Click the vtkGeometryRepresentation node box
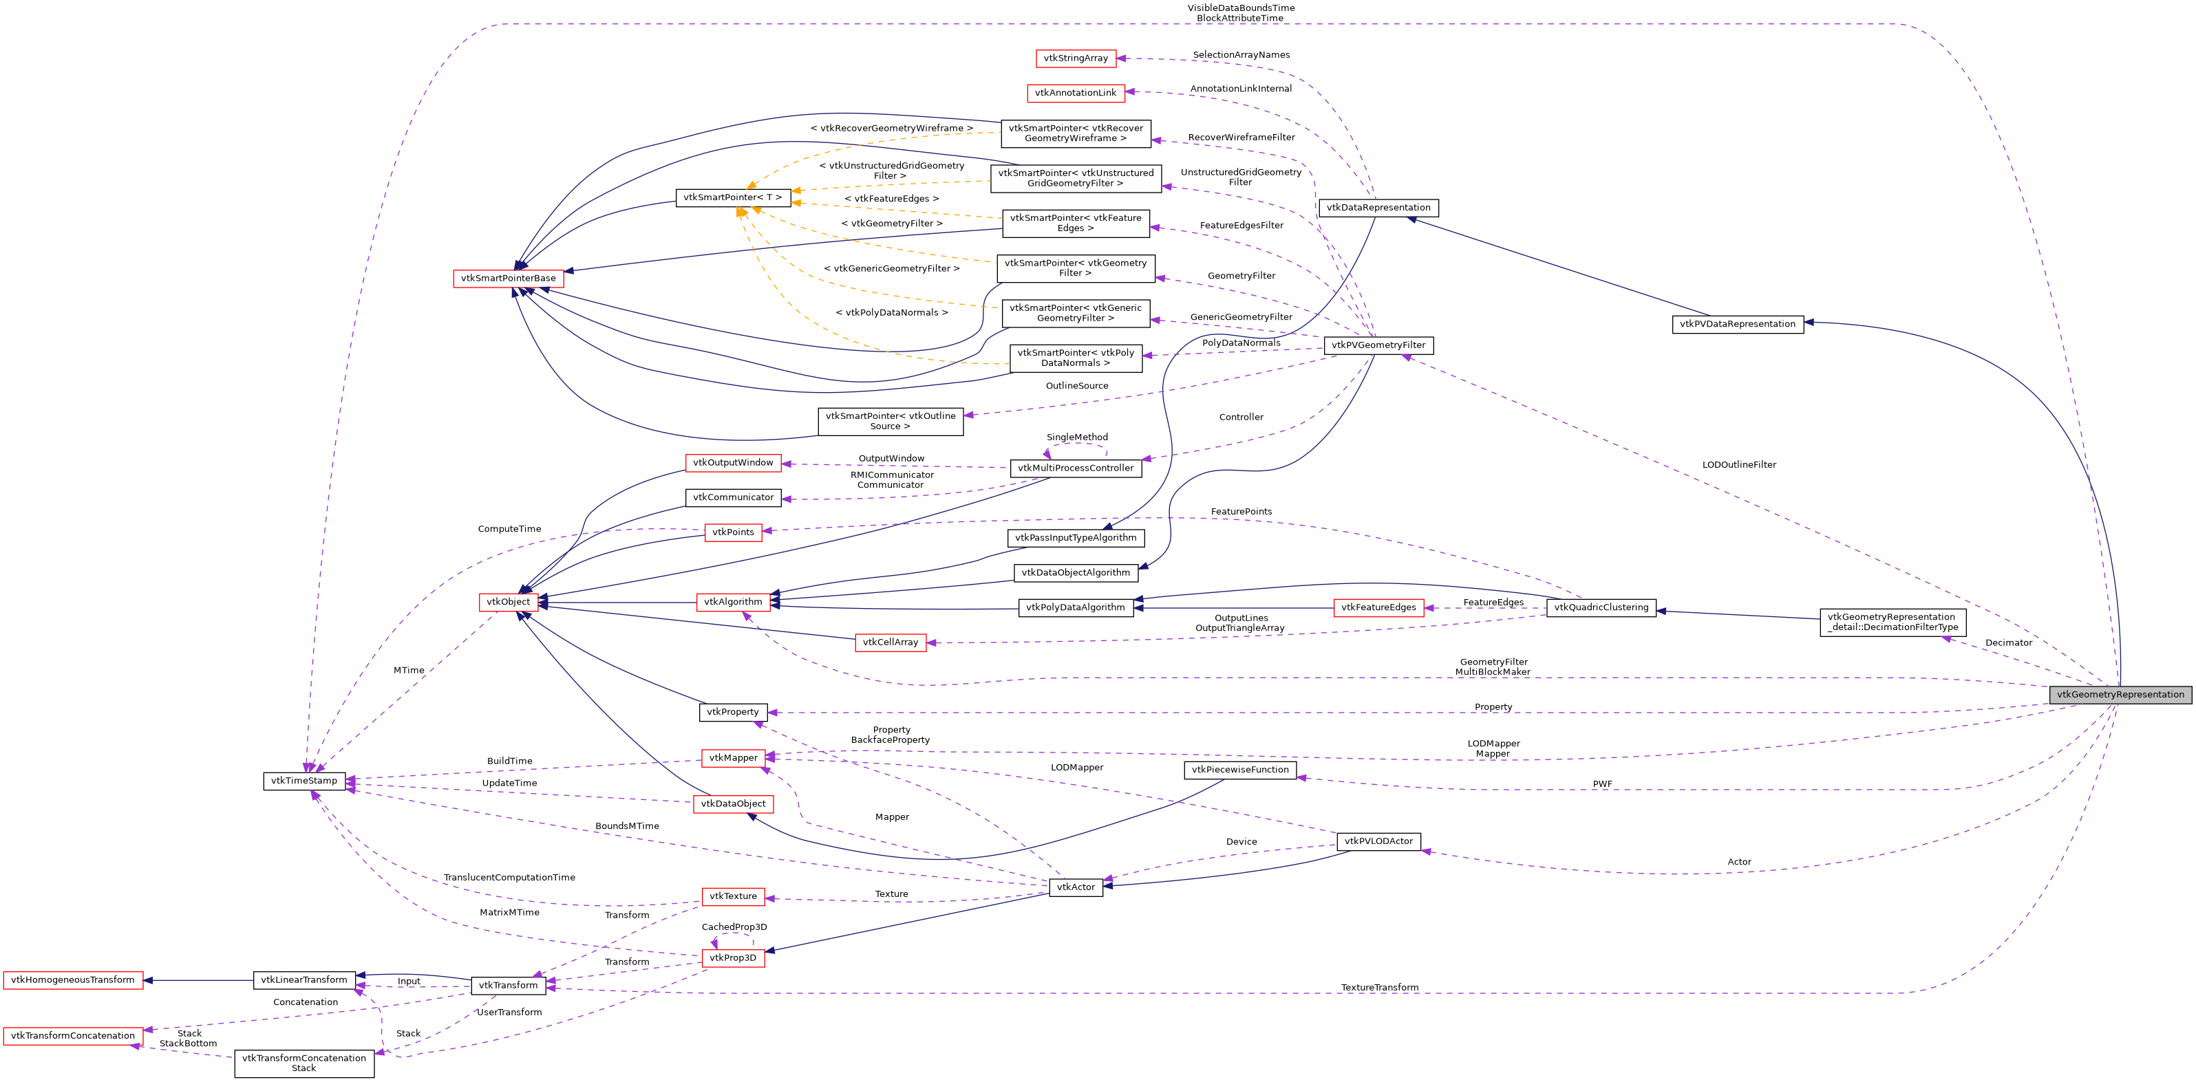coord(2120,694)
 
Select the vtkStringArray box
coord(1075,58)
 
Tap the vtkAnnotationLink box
coord(1075,93)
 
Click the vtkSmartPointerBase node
coord(508,279)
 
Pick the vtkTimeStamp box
coord(303,781)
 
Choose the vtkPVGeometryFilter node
coord(1378,345)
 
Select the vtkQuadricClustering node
coord(1600,607)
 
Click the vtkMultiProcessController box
coord(1075,468)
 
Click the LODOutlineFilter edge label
coord(1738,464)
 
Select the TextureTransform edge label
coord(1378,988)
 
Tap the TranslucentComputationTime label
coord(509,878)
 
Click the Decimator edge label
coord(2007,642)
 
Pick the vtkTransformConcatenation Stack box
coord(303,1063)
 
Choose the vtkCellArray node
coord(890,642)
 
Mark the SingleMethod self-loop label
coord(1077,437)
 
